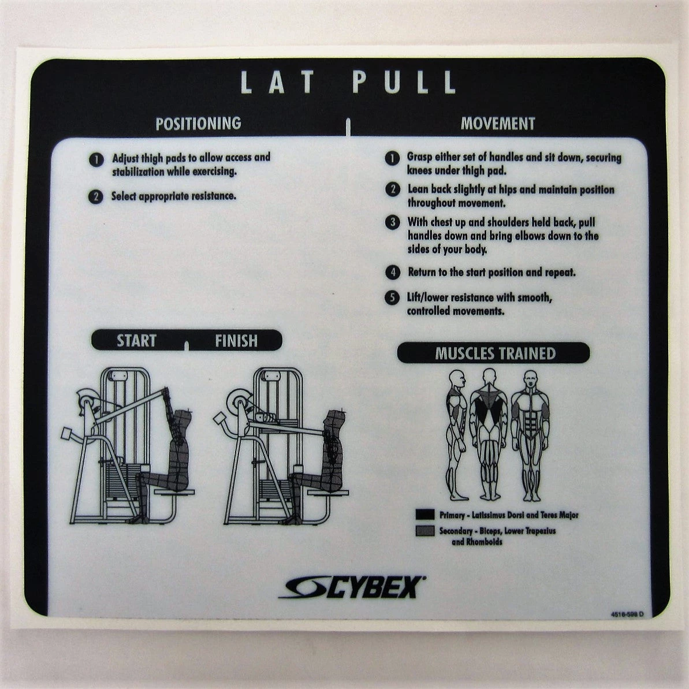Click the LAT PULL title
[348, 82]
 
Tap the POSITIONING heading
[199, 124]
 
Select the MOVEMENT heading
[498, 124]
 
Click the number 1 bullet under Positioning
[96, 159]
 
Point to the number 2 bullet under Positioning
[96, 196]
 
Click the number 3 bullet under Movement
[392, 222]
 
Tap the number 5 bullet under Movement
[392, 297]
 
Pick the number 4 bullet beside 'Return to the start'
[393, 273]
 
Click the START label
[137, 341]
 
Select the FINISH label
[236, 341]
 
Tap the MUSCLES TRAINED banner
[493, 353]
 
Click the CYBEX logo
[352, 587]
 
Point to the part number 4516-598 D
[627, 614]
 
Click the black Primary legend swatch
[425, 515]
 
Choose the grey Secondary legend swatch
[425, 531]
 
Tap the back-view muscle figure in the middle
[489, 434]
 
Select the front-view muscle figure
[530, 435]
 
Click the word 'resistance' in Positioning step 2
[213, 196]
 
